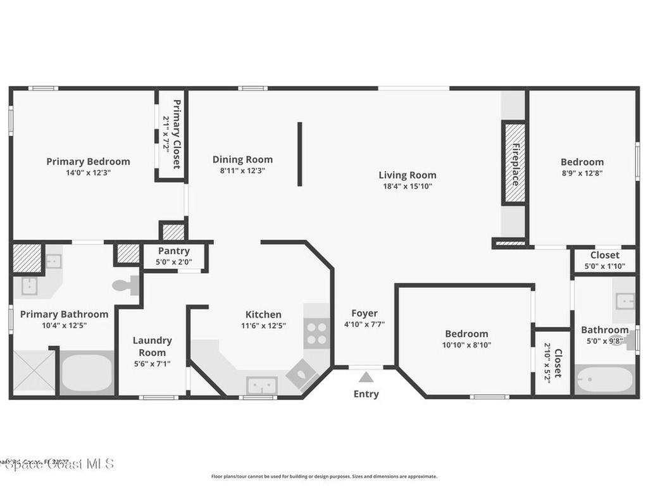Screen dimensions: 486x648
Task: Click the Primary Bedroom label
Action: [x=88, y=161]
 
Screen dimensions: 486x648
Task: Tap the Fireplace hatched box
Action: [x=514, y=163]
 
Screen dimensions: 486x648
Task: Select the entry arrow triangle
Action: [x=366, y=377]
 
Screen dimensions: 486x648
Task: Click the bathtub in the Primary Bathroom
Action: [x=87, y=374]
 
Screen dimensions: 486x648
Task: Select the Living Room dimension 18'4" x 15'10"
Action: [x=408, y=186]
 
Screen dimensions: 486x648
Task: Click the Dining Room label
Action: [x=242, y=159]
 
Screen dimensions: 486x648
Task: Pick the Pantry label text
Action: [x=174, y=251]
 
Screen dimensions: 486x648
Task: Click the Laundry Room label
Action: [x=152, y=346]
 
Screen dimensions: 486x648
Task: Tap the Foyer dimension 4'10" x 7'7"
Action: [x=364, y=324]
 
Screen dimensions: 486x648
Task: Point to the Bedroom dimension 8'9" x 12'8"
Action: [x=582, y=173]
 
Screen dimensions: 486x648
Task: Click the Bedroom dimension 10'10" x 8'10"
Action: [x=466, y=345]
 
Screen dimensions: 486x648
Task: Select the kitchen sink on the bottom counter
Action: [x=261, y=385]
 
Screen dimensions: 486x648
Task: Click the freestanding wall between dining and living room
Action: [x=300, y=154]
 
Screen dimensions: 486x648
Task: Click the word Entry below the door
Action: [x=366, y=394]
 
